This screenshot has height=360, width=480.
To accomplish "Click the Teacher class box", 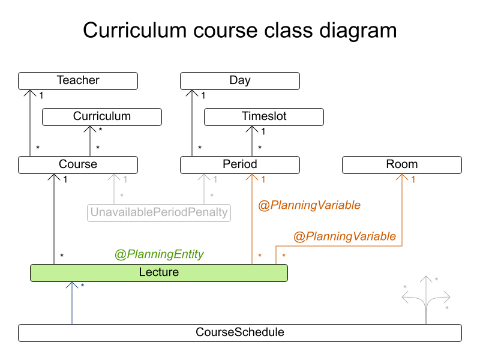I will pyautogui.click(x=78, y=81).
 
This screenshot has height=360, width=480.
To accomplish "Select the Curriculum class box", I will pyautogui.click(x=102, y=117).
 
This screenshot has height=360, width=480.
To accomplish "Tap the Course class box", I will pyautogui.click(x=78, y=165).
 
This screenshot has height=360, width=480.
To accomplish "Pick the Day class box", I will pyautogui.click(x=240, y=81).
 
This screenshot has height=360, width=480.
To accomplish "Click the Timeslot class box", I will pyautogui.click(x=264, y=117).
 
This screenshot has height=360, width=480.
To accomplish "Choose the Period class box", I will pyautogui.click(x=240, y=165).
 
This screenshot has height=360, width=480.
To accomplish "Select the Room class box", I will pyautogui.click(x=402, y=165).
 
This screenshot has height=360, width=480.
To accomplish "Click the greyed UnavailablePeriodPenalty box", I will pyautogui.click(x=159, y=212).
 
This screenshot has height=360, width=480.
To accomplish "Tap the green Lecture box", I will pyautogui.click(x=159, y=273).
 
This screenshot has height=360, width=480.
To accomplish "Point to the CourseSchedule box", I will pyautogui.click(x=240, y=332).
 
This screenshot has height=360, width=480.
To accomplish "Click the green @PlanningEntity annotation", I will pyautogui.click(x=159, y=254).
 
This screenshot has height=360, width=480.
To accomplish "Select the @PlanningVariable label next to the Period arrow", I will pyautogui.click(x=309, y=205).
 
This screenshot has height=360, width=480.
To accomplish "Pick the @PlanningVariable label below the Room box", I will pyautogui.click(x=344, y=236).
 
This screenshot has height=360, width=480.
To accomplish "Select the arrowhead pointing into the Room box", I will pyautogui.click(x=402, y=178).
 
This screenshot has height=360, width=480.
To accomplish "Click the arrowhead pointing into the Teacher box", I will pyautogui.click(x=30, y=93).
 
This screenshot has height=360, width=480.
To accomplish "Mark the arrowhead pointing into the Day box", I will pyautogui.click(x=192, y=93).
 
